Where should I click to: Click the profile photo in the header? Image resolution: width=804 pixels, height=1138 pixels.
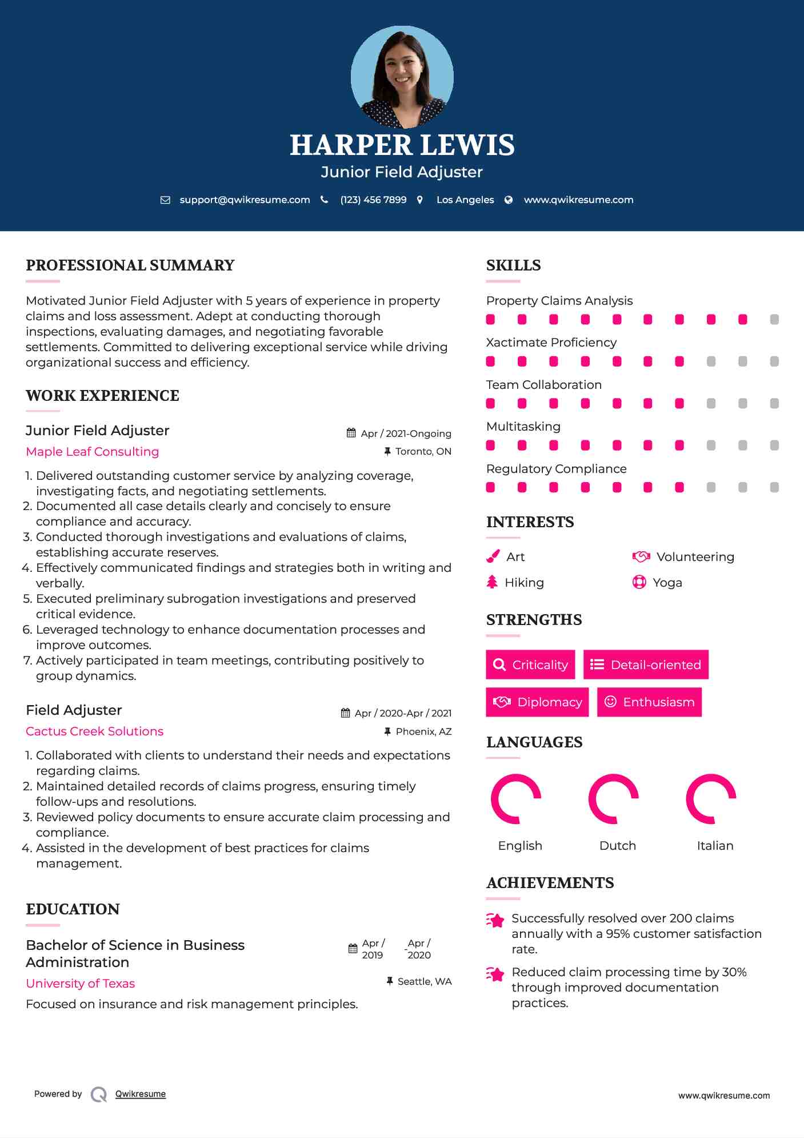point(402,77)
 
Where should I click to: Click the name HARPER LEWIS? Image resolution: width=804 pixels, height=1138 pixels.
point(402,145)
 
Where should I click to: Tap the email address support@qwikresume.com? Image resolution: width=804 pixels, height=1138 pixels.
point(245,200)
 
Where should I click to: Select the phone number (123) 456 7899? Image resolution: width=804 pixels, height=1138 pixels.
point(373,200)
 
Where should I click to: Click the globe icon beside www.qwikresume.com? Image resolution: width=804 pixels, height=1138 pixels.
point(509,200)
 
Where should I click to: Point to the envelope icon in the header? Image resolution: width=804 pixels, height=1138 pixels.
point(165,200)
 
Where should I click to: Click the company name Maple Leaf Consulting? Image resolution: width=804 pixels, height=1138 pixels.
point(93,451)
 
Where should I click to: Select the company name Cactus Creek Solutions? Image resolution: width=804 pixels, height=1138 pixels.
point(94,731)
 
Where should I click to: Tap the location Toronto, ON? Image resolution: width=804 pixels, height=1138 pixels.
point(423,451)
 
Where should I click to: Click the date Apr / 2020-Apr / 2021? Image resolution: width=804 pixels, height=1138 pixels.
point(403,713)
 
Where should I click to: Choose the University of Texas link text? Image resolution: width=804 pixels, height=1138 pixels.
point(80,983)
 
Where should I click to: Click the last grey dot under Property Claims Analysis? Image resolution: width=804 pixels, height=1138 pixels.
point(774,319)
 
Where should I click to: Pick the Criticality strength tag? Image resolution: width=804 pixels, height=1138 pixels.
point(530,665)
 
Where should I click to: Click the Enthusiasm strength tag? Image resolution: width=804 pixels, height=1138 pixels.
point(649,702)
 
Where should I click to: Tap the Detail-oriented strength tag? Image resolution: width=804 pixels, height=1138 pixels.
point(646,665)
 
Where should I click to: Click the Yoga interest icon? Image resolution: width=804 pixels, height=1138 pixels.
point(639,582)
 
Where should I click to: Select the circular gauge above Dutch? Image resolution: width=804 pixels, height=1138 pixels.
point(613,799)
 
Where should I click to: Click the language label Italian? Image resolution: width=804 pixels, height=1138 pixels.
point(715,845)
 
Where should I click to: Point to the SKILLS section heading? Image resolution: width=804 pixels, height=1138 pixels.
point(513,265)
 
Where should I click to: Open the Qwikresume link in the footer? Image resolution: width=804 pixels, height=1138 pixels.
point(141,1093)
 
